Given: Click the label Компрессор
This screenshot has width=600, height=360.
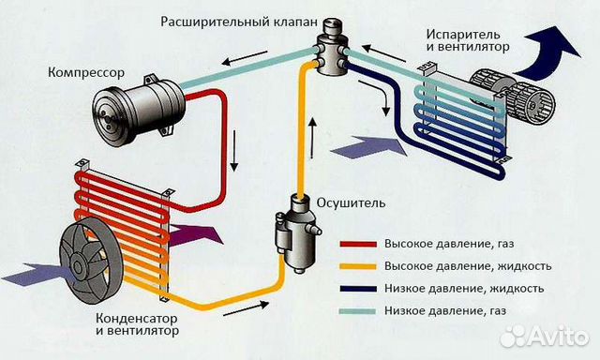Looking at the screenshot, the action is pos(86,73).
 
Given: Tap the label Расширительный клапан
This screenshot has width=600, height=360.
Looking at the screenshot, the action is pos(239,22).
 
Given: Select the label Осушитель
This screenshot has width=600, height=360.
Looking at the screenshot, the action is pos(351,202).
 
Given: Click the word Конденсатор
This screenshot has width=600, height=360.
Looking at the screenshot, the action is pos(137,318).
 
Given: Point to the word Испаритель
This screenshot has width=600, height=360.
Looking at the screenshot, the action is pos(463,35).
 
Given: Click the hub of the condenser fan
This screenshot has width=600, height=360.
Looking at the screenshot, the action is pos(80,263).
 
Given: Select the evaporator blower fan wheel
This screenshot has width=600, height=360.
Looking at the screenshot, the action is pos(513,96).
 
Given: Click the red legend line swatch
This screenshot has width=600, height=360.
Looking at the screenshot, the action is pos(358,244).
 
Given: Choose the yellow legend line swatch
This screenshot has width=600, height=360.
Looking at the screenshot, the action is pos(358,266).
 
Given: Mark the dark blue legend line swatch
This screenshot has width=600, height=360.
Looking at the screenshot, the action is pos(358,289).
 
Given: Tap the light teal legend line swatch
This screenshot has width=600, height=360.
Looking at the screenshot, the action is pos(358,311).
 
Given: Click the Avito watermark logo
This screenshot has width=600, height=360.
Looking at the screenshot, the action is pos(544,337).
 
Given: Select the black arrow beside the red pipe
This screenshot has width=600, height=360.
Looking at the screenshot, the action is pos(233,151).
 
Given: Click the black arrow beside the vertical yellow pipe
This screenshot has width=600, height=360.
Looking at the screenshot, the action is pos(312,138).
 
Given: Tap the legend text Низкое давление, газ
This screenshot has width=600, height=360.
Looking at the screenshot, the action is pos(445,310).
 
